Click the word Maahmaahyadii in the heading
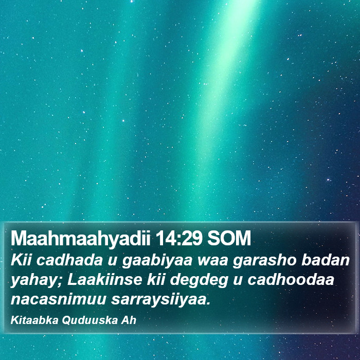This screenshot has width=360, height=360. (80, 239)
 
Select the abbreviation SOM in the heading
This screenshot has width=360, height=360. (229, 238)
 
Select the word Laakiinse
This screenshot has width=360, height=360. (104, 280)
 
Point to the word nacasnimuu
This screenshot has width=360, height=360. (58, 299)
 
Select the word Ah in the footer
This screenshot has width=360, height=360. (129, 320)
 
